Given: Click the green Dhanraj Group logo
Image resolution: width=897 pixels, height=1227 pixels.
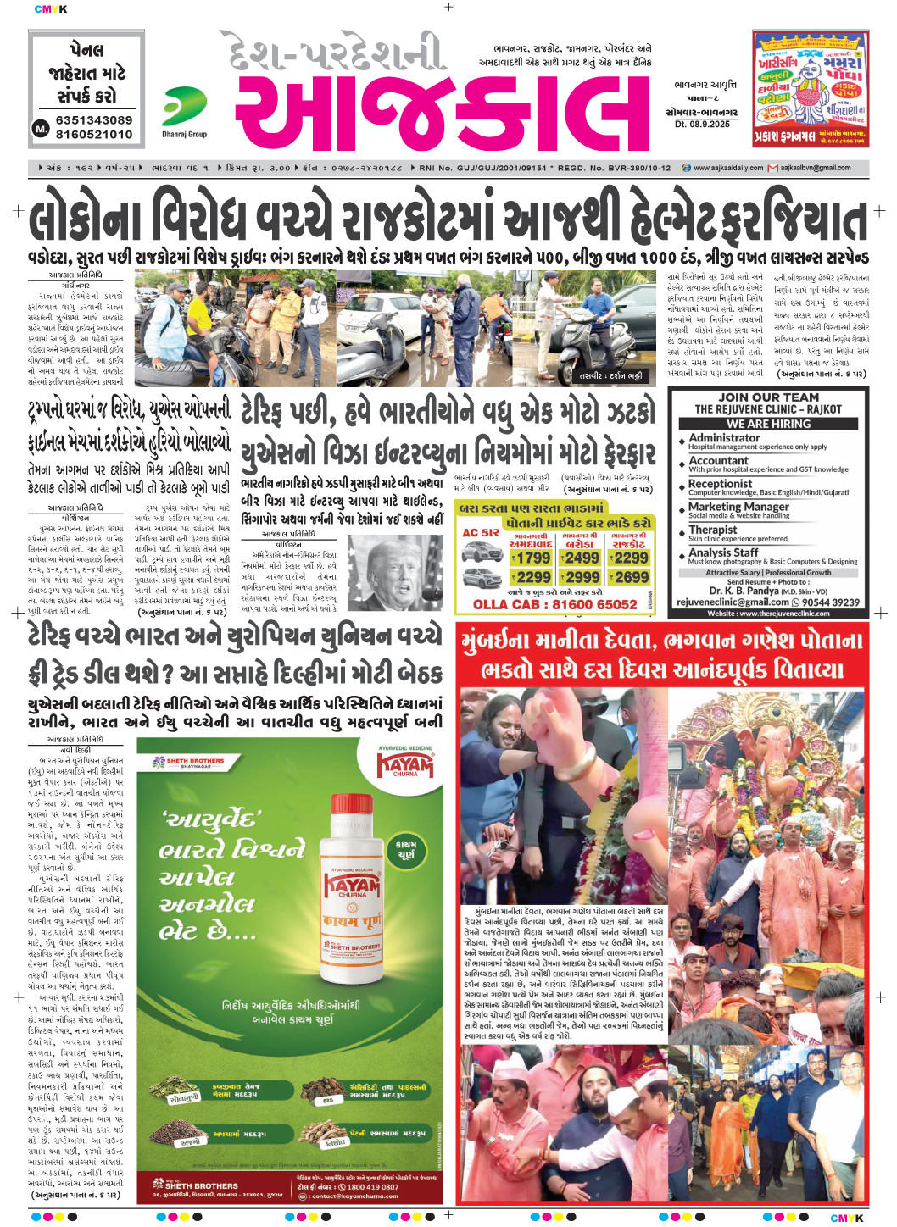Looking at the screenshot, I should coord(184,108).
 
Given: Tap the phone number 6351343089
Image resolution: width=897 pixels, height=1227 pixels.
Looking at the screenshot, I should coord(94,120).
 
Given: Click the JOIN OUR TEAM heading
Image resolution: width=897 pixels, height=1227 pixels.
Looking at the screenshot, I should coord(768,397).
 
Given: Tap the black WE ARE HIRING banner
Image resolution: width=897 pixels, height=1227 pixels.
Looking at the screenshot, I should coord(768,423).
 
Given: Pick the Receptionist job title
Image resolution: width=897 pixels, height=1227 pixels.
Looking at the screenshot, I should coord(721,484).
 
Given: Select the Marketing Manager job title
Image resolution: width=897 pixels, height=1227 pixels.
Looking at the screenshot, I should coord(738,506).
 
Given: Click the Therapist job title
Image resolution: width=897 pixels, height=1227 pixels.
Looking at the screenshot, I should coord(713,530).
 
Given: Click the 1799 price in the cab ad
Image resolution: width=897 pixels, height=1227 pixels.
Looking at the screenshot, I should coord(532,558).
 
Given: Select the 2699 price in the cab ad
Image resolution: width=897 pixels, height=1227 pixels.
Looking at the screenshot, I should coord(632,577).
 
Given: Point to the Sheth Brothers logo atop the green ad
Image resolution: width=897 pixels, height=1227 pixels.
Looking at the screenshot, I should coord(189,762).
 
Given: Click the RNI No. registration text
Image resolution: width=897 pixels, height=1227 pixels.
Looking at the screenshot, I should coord(482,168).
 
